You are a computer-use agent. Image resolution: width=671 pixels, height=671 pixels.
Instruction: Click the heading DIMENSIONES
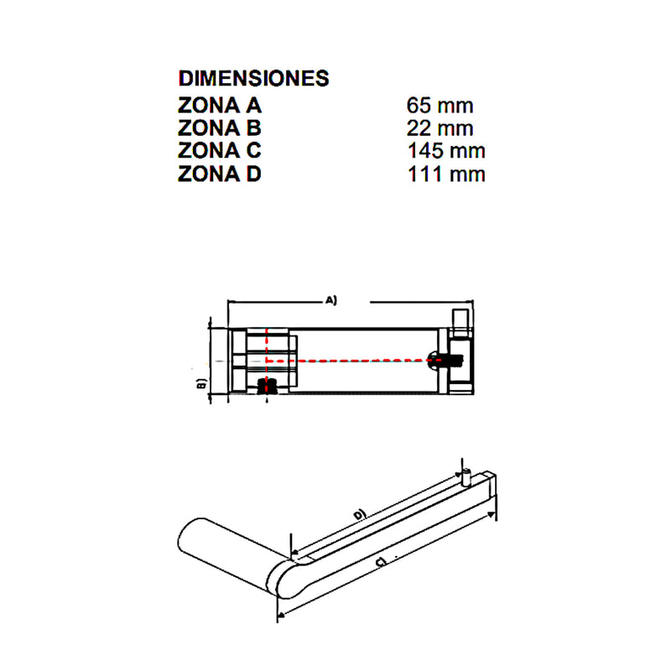coord(254,78)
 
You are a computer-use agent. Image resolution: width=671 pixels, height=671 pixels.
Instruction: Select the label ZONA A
coord(220,106)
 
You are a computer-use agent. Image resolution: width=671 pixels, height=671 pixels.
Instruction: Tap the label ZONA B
coord(220,128)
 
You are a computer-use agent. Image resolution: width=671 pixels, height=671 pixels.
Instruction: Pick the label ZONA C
coord(220,151)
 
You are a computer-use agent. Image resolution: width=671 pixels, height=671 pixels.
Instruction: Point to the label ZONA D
coord(220,174)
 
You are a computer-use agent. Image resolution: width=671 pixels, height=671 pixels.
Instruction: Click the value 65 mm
coord(440,106)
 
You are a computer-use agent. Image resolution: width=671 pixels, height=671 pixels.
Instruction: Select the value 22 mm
coord(440,128)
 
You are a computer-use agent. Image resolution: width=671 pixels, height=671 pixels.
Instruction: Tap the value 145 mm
coord(446,151)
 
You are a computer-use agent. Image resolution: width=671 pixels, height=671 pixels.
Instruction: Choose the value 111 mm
coord(446,174)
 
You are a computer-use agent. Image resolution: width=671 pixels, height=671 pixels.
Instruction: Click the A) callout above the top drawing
coord(331,300)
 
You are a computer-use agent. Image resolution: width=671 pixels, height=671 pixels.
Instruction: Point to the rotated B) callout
coord(201,384)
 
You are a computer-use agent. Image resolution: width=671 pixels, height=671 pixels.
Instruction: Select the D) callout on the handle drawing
coord(361,514)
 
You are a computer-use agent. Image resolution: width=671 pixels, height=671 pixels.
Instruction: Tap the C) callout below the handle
coord(381,562)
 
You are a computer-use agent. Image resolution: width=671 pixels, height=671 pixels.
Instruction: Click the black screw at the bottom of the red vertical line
coord(267,387)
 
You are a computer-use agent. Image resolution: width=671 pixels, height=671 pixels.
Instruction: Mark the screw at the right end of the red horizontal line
coord(445,360)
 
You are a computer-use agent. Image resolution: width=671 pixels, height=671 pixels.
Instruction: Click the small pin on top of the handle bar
coord(466,477)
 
